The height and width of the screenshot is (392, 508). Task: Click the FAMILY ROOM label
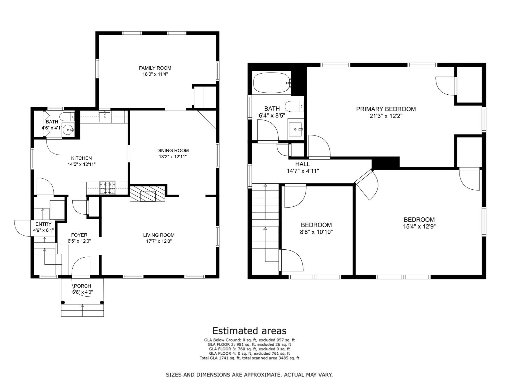[155, 68]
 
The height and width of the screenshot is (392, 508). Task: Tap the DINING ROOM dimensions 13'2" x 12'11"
[173, 157]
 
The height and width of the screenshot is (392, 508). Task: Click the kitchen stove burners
[107, 188]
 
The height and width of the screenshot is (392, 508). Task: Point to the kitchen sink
[105, 117]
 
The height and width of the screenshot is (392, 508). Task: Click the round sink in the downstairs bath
[68, 130]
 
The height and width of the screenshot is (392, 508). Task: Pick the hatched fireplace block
[148, 194]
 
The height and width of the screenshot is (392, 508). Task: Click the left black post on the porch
[63, 302]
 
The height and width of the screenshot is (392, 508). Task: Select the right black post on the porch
[102, 302]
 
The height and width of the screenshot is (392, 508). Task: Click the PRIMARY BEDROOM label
[386, 109]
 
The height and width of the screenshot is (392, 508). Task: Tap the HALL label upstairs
[303, 164]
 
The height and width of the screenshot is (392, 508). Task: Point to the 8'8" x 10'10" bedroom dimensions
[316, 232]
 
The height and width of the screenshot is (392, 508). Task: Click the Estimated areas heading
[249, 331]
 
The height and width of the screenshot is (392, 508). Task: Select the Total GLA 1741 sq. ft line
[249, 358]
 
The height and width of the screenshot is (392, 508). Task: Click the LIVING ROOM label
[159, 235]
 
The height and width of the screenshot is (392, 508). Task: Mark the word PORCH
[83, 286]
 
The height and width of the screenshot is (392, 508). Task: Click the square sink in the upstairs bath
[295, 129]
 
